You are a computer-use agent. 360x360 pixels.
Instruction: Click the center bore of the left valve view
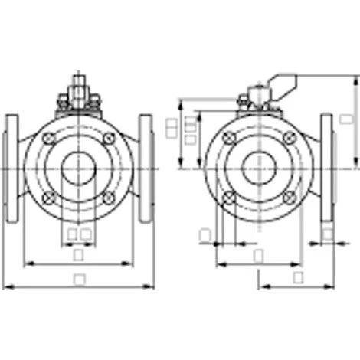[x=79, y=168]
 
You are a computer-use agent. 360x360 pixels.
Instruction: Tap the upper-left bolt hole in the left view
[x=50, y=139]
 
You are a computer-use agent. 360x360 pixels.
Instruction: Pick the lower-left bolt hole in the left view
[x=50, y=197]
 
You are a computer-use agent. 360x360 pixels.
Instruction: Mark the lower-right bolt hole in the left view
[x=108, y=197]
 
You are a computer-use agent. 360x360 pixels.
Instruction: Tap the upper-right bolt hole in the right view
[x=288, y=139]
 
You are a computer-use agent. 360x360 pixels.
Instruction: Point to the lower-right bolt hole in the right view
[x=288, y=197]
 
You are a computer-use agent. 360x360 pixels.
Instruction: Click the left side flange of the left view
[x=11, y=168]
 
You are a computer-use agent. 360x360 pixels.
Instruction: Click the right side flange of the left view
[x=146, y=168]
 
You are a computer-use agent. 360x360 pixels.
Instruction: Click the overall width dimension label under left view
[x=79, y=280]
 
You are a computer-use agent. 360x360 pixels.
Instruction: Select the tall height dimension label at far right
[x=346, y=119]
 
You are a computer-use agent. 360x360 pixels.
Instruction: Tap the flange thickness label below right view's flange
[x=327, y=234]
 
